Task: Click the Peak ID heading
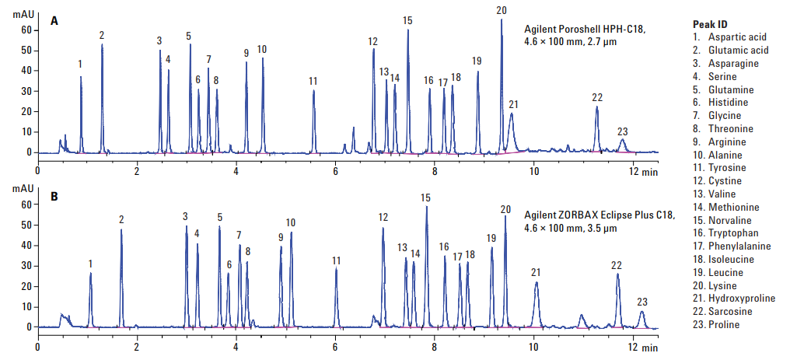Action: point(710,24)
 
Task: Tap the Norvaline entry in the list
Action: point(730,220)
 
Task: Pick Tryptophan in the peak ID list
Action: point(733,233)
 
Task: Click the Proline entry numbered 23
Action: point(724,325)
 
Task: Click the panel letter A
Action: point(54,22)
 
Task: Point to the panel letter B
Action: point(54,197)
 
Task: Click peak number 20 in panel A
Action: point(502,10)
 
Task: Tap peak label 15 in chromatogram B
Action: point(425,198)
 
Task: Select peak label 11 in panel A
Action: point(313,81)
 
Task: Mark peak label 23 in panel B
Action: point(641,302)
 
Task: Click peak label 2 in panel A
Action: point(102,35)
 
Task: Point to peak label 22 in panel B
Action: point(617,265)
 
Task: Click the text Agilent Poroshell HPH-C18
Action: point(585,30)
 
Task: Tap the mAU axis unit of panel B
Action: point(21,189)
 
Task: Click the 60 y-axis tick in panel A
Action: point(26,30)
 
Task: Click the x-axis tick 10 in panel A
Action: point(533,170)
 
